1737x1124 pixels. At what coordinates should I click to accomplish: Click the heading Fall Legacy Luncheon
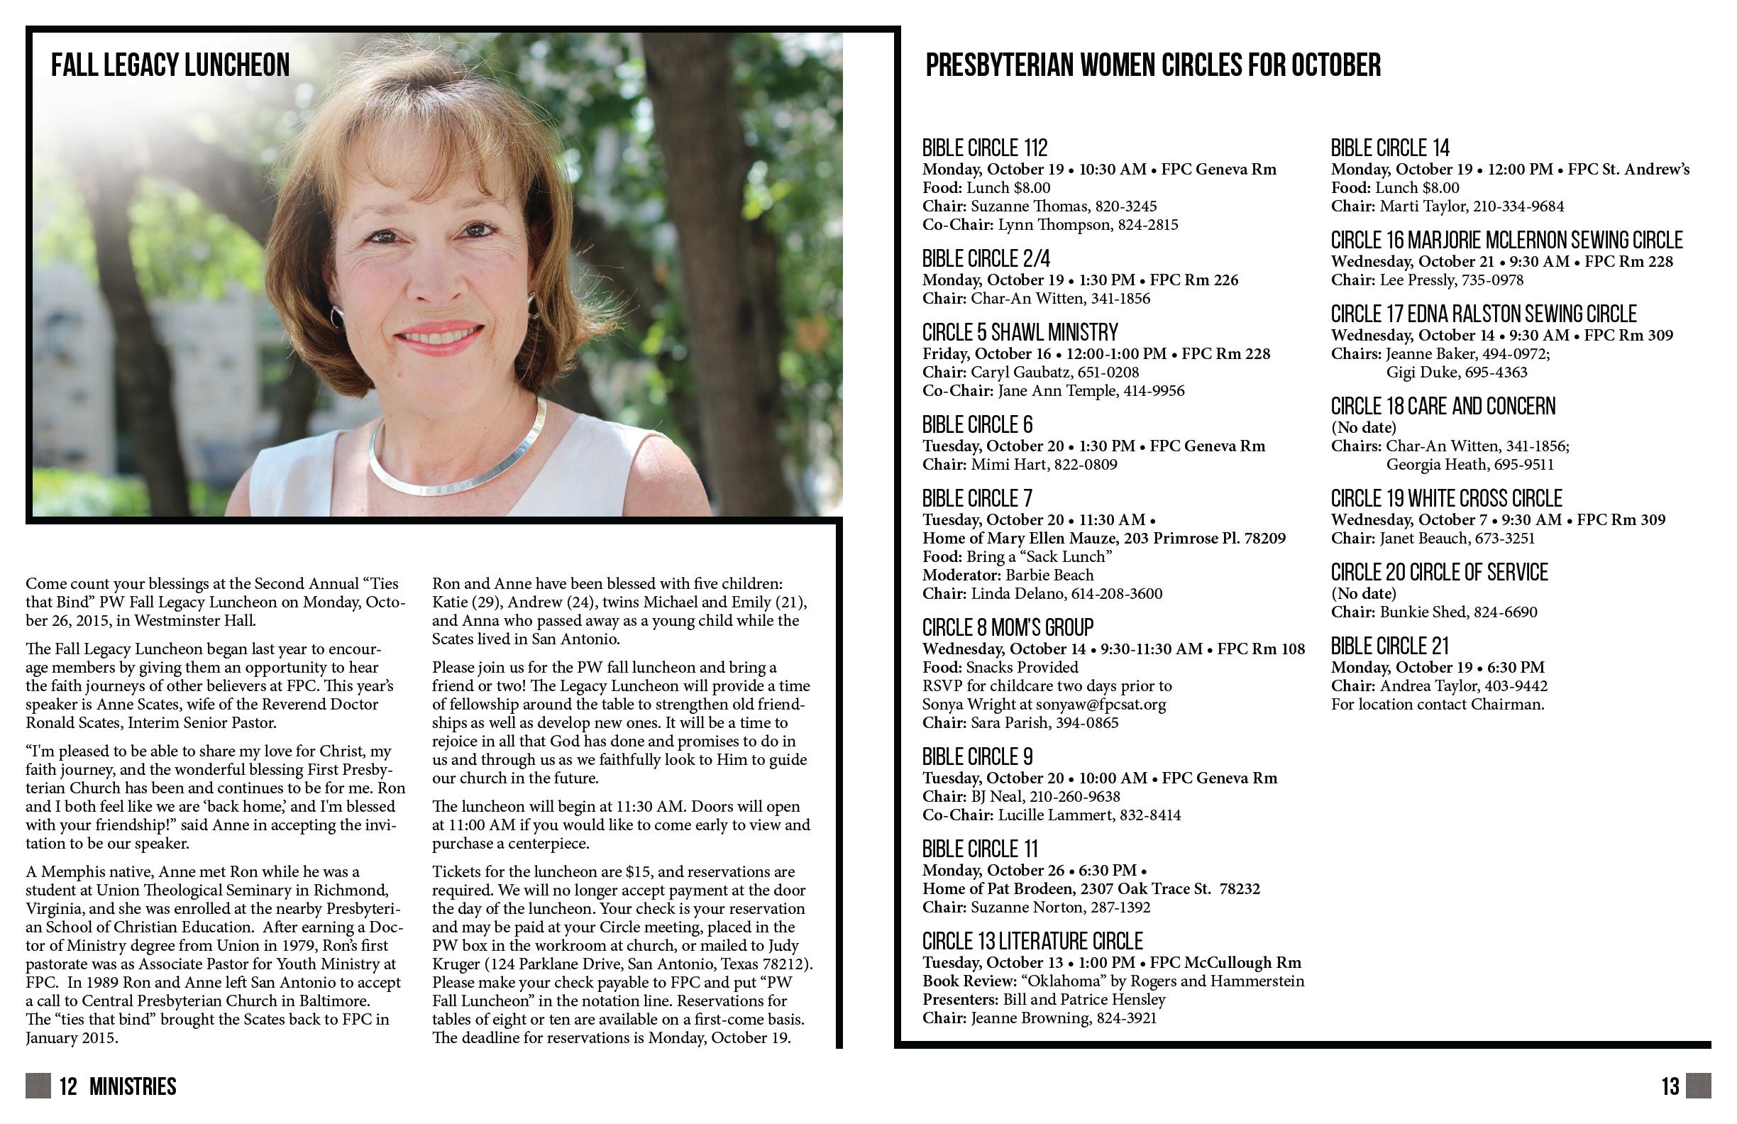tap(170, 65)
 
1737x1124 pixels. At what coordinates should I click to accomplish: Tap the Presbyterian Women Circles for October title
tap(1152, 65)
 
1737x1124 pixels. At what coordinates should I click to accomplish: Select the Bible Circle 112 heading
tap(985, 148)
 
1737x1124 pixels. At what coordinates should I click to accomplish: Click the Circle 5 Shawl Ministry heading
tap(1020, 333)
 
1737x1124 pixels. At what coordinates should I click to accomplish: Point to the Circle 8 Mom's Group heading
tap(1007, 628)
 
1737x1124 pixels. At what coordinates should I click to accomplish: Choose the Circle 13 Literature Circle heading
tap(1032, 942)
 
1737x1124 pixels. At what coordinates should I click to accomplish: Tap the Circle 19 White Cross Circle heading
tap(1446, 499)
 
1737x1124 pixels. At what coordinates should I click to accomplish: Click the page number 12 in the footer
tap(68, 1087)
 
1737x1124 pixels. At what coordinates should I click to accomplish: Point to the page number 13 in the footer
tap(1670, 1087)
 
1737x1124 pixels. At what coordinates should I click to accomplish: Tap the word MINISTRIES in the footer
tap(132, 1087)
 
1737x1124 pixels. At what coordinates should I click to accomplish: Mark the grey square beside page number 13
tap(1698, 1086)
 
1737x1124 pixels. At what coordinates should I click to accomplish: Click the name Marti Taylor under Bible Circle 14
tap(1423, 206)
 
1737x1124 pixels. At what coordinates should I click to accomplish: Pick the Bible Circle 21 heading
tap(1389, 646)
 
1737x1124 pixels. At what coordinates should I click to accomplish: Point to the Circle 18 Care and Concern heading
tap(1443, 407)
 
